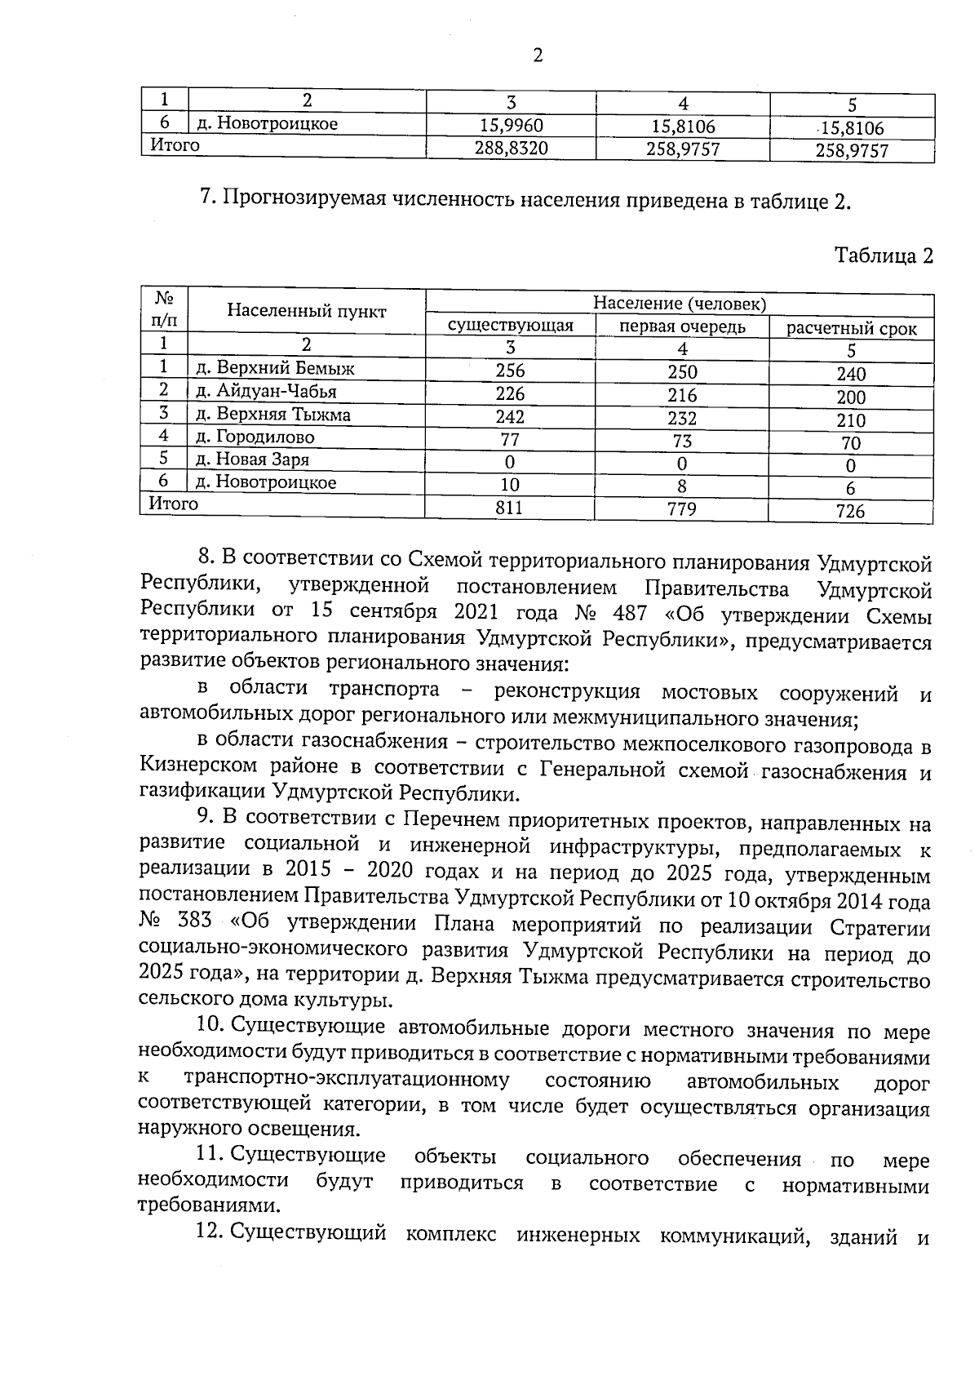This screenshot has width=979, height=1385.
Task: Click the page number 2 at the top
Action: click(x=537, y=55)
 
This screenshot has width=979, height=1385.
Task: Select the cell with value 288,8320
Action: click(x=511, y=148)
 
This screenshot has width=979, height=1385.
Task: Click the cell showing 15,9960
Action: click(x=511, y=125)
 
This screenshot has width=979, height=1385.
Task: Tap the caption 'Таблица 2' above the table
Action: click(x=884, y=255)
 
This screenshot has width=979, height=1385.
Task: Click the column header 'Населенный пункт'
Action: click(x=307, y=311)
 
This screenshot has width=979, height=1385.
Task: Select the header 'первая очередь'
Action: click(x=682, y=326)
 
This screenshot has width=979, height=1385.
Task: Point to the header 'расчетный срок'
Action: click(x=851, y=329)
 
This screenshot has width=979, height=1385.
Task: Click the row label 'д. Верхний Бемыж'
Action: click(x=276, y=368)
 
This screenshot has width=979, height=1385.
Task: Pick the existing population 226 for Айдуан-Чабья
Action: click(x=511, y=393)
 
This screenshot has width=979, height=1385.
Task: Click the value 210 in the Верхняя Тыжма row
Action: click(x=851, y=420)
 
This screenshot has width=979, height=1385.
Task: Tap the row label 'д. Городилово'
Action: click(x=255, y=437)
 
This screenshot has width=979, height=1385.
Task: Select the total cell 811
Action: click(x=510, y=508)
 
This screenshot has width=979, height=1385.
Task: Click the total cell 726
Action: click(x=850, y=512)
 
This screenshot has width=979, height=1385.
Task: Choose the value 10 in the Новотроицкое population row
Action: click(x=510, y=485)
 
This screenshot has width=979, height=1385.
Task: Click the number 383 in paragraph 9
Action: click(x=193, y=921)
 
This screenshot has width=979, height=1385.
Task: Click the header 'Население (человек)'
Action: click(x=679, y=304)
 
